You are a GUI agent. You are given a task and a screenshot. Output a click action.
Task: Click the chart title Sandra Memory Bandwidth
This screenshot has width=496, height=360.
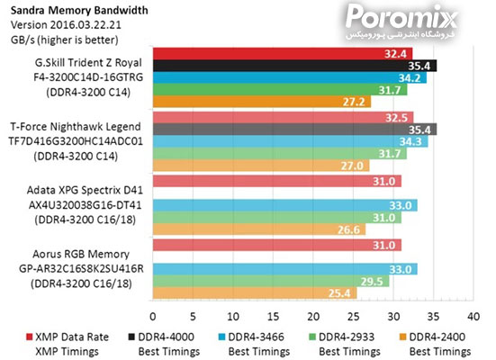(x=66, y=8)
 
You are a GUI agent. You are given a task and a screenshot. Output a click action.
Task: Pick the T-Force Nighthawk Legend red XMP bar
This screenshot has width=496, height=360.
(x=283, y=117)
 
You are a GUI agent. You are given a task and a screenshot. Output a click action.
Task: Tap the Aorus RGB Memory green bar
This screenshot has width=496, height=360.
(x=270, y=281)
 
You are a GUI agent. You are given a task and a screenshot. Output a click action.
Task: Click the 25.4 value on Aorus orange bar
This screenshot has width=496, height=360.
(x=343, y=292)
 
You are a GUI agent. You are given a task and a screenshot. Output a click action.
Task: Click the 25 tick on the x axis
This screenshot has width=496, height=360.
(x=353, y=317)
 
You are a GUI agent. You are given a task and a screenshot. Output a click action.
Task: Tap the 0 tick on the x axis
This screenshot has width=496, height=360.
(x=153, y=317)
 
